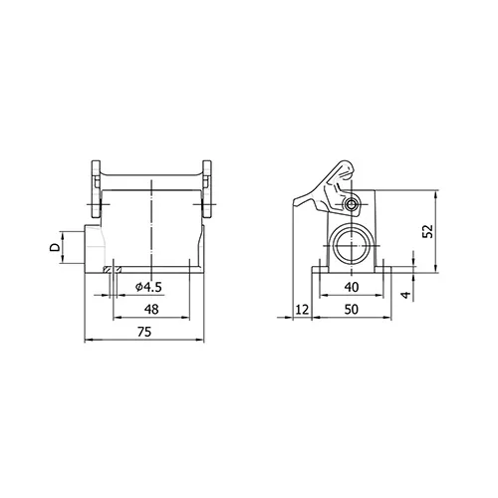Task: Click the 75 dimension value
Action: click(x=144, y=332)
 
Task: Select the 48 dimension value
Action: click(x=151, y=310)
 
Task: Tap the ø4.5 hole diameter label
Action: click(x=148, y=287)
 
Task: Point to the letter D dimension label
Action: click(x=55, y=247)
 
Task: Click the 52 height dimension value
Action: click(x=428, y=231)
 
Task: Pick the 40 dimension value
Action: click(x=352, y=287)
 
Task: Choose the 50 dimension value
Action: click(x=352, y=310)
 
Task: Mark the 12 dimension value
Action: click(x=302, y=310)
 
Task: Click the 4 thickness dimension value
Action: click(x=406, y=295)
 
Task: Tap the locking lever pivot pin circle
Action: click(x=351, y=204)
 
